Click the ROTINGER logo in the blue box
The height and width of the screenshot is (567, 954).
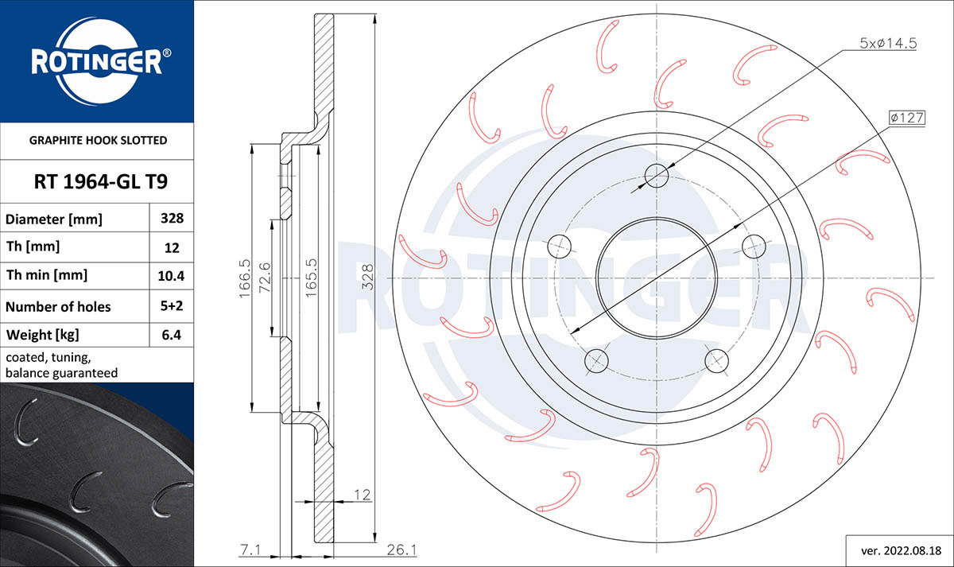(x=97, y=61)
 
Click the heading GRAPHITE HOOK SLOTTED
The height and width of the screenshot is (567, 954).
(x=98, y=141)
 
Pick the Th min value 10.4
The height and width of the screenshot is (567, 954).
(x=172, y=276)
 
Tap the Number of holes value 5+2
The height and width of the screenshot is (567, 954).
(x=172, y=306)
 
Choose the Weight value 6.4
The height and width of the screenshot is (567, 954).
(x=172, y=335)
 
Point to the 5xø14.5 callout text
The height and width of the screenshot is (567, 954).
(x=888, y=45)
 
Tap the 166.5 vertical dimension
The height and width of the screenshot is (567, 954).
(x=246, y=278)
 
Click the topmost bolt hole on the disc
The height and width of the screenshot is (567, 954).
(x=657, y=175)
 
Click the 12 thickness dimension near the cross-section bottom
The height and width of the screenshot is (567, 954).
(x=362, y=495)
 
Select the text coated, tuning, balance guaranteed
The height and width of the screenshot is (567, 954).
(x=61, y=365)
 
